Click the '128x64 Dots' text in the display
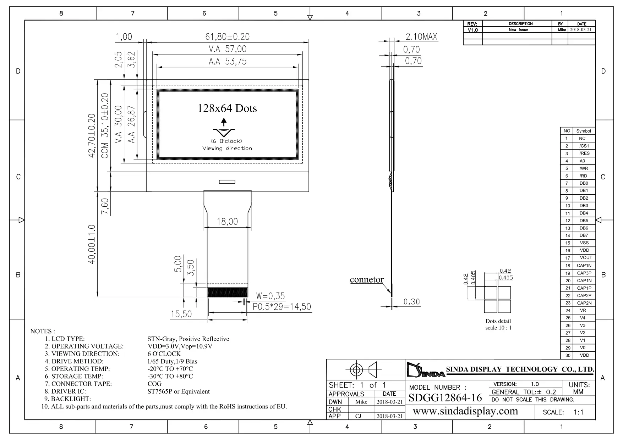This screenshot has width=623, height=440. (x=227, y=108)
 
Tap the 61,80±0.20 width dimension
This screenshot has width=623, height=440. (x=227, y=37)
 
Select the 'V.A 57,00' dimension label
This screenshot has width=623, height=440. (x=227, y=49)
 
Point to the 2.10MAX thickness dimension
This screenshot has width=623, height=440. (x=421, y=37)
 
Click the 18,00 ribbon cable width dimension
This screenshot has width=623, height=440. (x=227, y=222)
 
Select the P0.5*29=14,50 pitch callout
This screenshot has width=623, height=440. (x=282, y=307)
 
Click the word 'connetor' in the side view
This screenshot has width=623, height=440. (x=367, y=279)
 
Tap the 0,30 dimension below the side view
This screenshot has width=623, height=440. (x=412, y=302)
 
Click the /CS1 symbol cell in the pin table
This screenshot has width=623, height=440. (x=584, y=146)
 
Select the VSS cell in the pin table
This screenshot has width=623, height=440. (x=584, y=243)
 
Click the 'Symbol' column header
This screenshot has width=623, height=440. (x=584, y=131)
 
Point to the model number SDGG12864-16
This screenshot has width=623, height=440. (x=445, y=398)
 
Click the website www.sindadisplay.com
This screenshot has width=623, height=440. (x=465, y=411)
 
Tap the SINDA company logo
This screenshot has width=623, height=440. (x=426, y=370)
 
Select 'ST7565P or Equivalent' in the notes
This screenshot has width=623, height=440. (x=179, y=391)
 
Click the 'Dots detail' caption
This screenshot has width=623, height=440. (x=498, y=321)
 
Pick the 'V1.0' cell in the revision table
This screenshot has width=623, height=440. (x=472, y=30)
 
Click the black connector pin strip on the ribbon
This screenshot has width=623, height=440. (x=227, y=292)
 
